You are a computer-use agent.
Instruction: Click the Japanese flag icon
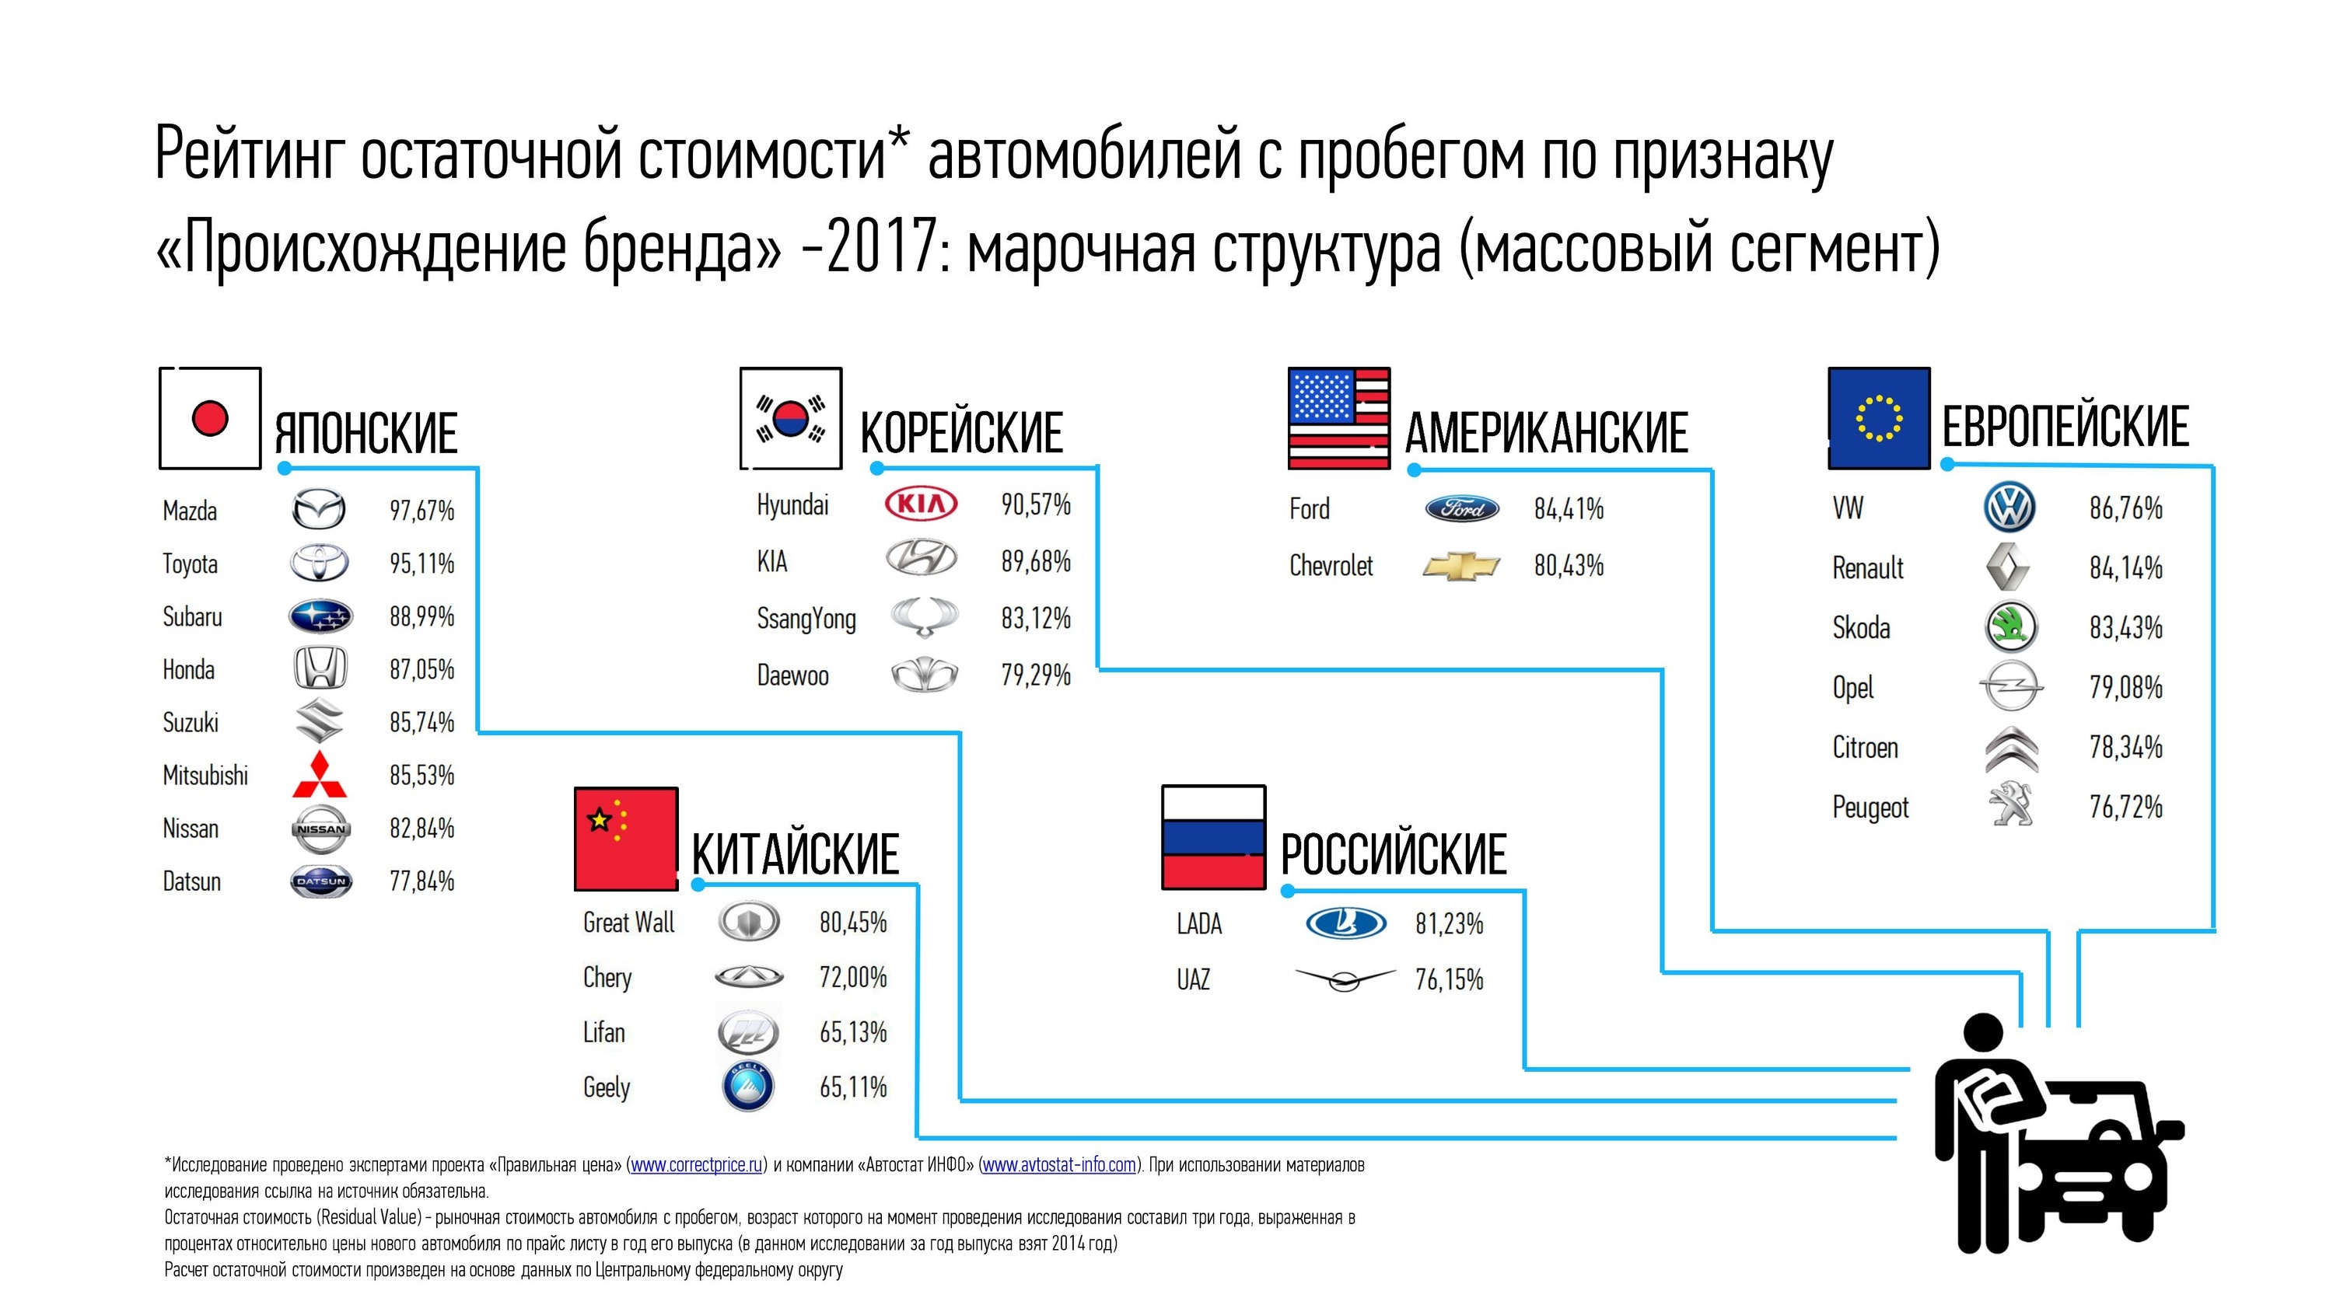tap(210, 418)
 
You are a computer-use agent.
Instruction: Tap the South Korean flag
tap(791, 418)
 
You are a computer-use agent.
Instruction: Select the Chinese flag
tap(626, 839)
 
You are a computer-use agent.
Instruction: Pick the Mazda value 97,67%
tap(422, 511)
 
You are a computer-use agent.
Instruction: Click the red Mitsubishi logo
tap(320, 775)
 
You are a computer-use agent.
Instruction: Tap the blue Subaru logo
tap(320, 617)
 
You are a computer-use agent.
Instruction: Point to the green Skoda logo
tap(2010, 626)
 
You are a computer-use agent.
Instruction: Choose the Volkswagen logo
tap(2009, 507)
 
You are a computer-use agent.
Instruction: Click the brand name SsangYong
tap(806, 619)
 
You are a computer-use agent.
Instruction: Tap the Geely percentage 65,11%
tap(853, 1087)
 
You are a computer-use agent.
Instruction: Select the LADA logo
tap(1346, 923)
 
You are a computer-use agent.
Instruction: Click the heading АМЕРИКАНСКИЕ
tap(1547, 432)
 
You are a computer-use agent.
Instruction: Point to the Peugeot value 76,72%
tap(2125, 807)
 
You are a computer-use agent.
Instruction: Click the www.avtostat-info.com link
tap(1058, 1165)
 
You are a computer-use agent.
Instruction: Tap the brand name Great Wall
tap(628, 923)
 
